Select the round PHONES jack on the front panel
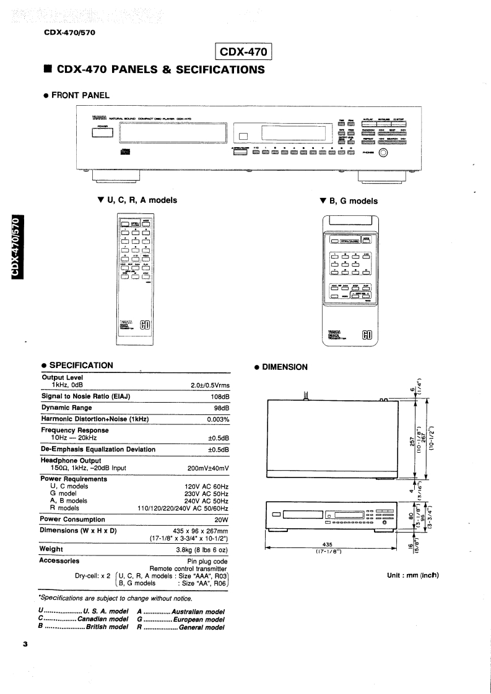tap(383, 155)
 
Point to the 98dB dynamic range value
tap(221, 408)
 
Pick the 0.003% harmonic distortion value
tap(218, 419)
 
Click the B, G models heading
tap(348, 200)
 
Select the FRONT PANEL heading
tap(80, 95)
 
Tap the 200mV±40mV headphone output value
tap(208, 468)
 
